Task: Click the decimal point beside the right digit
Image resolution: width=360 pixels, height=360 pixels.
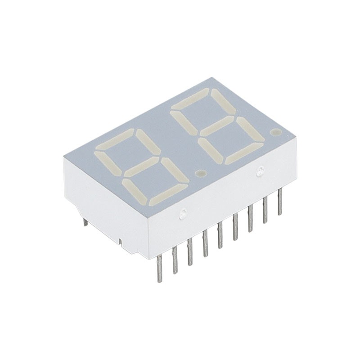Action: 276,133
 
